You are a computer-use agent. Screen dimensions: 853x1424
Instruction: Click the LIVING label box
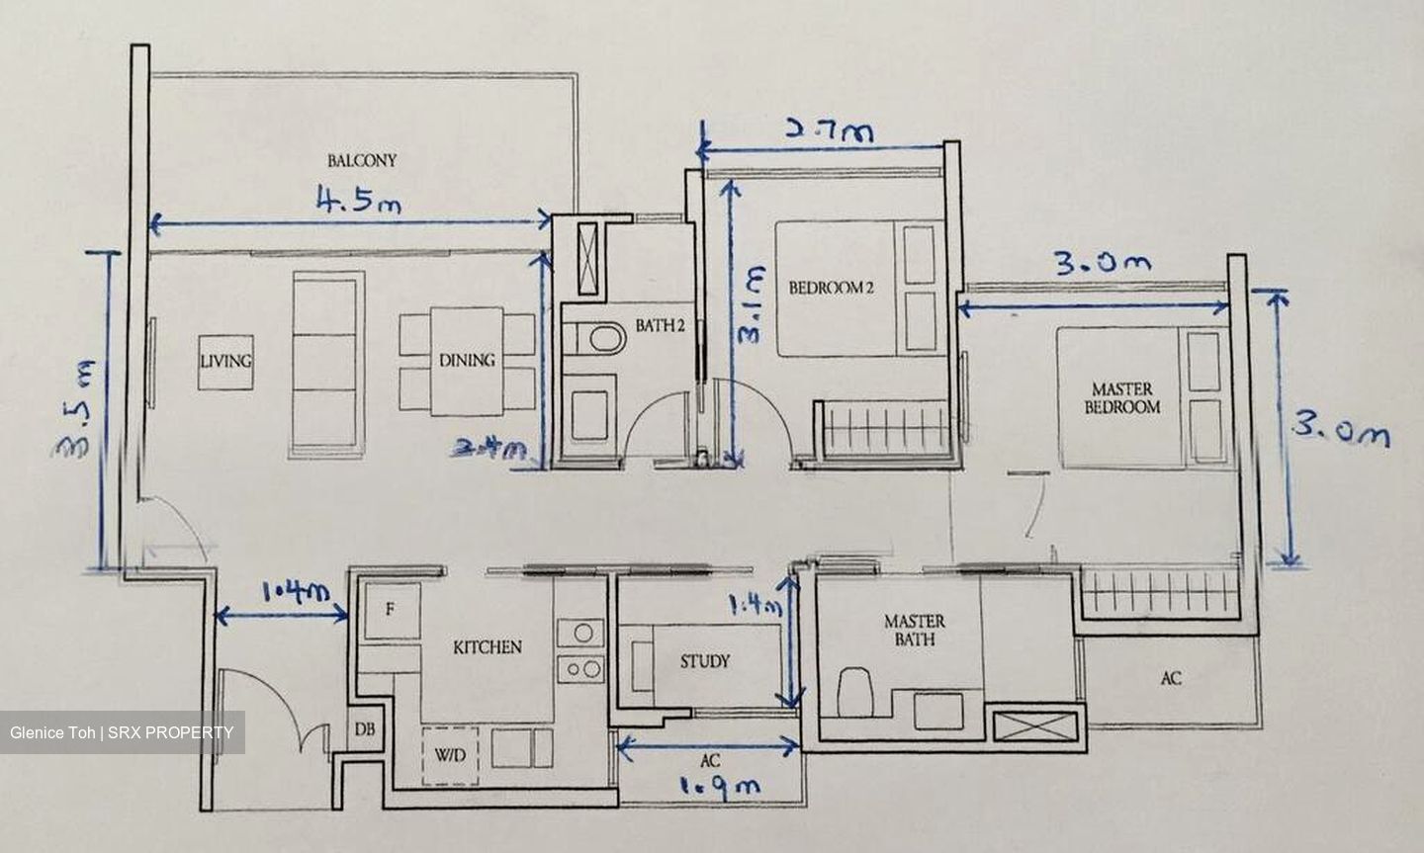(x=225, y=361)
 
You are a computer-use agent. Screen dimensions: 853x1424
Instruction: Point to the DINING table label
(x=467, y=361)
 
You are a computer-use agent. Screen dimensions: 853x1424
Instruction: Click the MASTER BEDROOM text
(x=1121, y=397)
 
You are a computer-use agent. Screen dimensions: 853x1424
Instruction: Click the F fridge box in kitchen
(x=390, y=611)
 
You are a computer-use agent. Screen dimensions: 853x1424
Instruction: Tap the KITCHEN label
(x=487, y=647)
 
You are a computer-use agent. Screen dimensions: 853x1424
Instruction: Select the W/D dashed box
(x=449, y=756)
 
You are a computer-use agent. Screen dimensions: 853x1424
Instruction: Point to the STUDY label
(x=704, y=661)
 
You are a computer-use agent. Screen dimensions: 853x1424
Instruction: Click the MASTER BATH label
(x=914, y=630)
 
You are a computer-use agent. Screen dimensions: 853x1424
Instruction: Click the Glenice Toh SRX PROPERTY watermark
(x=122, y=732)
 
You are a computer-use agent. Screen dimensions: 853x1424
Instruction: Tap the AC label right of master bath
(x=1171, y=678)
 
